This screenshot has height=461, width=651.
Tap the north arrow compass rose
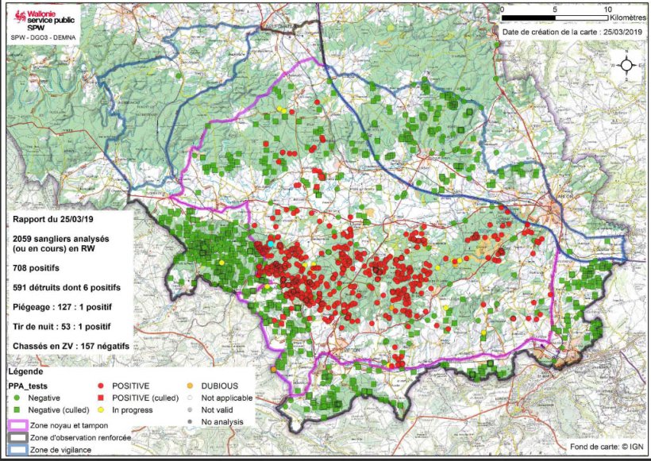(627, 66)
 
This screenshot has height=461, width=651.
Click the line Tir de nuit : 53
(61, 326)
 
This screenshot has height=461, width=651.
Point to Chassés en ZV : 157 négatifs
(71, 346)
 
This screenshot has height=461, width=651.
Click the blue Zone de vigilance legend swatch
(17, 450)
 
